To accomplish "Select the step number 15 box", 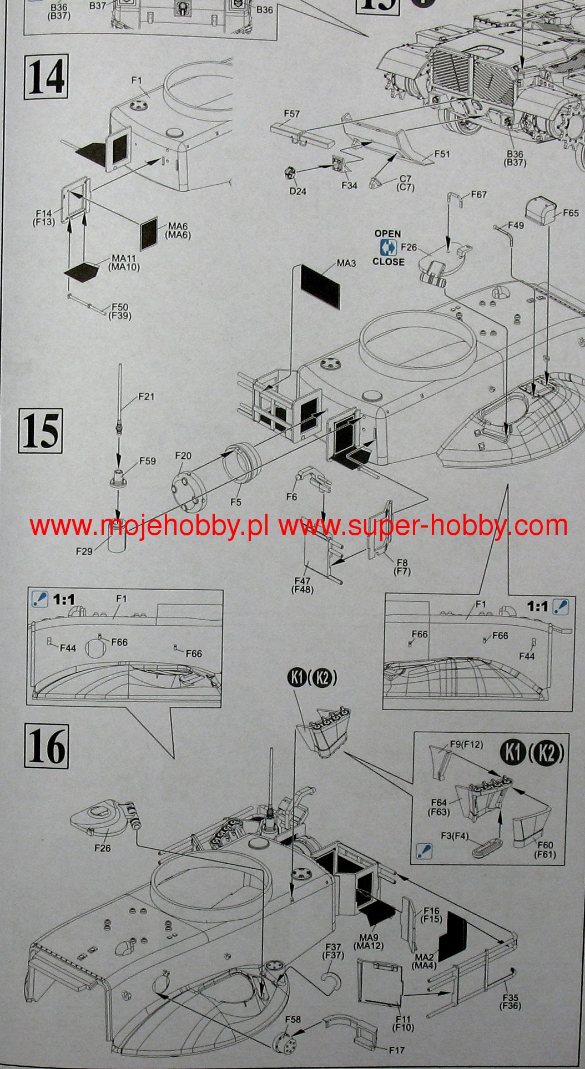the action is tap(41, 430).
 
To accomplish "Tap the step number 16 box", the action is tap(46, 746).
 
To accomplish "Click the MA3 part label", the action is tap(346, 263).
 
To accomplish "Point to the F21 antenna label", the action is tap(147, 397).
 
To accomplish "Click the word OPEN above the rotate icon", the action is tap(387, 234).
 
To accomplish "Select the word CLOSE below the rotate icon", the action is tap(389, 262).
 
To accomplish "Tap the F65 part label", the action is tap(571, 213).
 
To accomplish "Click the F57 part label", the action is tap(291, 114).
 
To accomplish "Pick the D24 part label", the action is tap(297, 191).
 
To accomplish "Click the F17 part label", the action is tap(396, 1050).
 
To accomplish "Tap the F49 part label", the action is tap(516, 225).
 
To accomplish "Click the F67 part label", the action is tap(478, 194).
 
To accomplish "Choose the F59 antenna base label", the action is tap(148, 461).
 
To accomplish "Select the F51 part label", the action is tap(442, 154).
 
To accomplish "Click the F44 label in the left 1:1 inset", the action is tap(68, 648).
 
